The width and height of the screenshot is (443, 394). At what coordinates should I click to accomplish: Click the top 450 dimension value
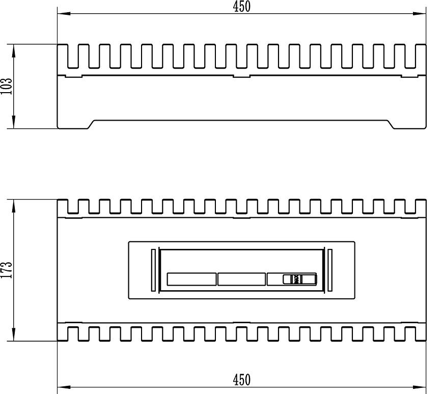[x=241, y=6]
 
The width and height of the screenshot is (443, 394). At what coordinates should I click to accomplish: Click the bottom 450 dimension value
[x=241, y=379]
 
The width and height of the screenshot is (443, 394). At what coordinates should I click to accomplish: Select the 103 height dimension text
[x=6, y=87]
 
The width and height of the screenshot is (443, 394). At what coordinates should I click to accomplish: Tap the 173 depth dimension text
[x=6, y=270]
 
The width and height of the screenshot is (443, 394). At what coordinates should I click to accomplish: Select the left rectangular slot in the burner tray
[x=191, y=279]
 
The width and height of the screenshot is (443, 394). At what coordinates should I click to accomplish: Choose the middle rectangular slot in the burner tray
[x=241, y=279]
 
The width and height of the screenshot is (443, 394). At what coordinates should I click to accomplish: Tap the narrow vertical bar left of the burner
[x=153, y=270]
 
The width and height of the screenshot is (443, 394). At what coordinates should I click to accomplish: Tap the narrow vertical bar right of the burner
[x=329, y=270]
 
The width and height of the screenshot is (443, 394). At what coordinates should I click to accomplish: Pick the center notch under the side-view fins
[x=241, y=77]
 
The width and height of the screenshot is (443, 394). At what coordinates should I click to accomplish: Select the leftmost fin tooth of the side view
[x=63, y=56]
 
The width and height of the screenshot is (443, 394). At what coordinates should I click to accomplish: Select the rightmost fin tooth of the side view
[x=421, y=56]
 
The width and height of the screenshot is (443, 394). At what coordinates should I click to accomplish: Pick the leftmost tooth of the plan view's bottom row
[x=63, y=333]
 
